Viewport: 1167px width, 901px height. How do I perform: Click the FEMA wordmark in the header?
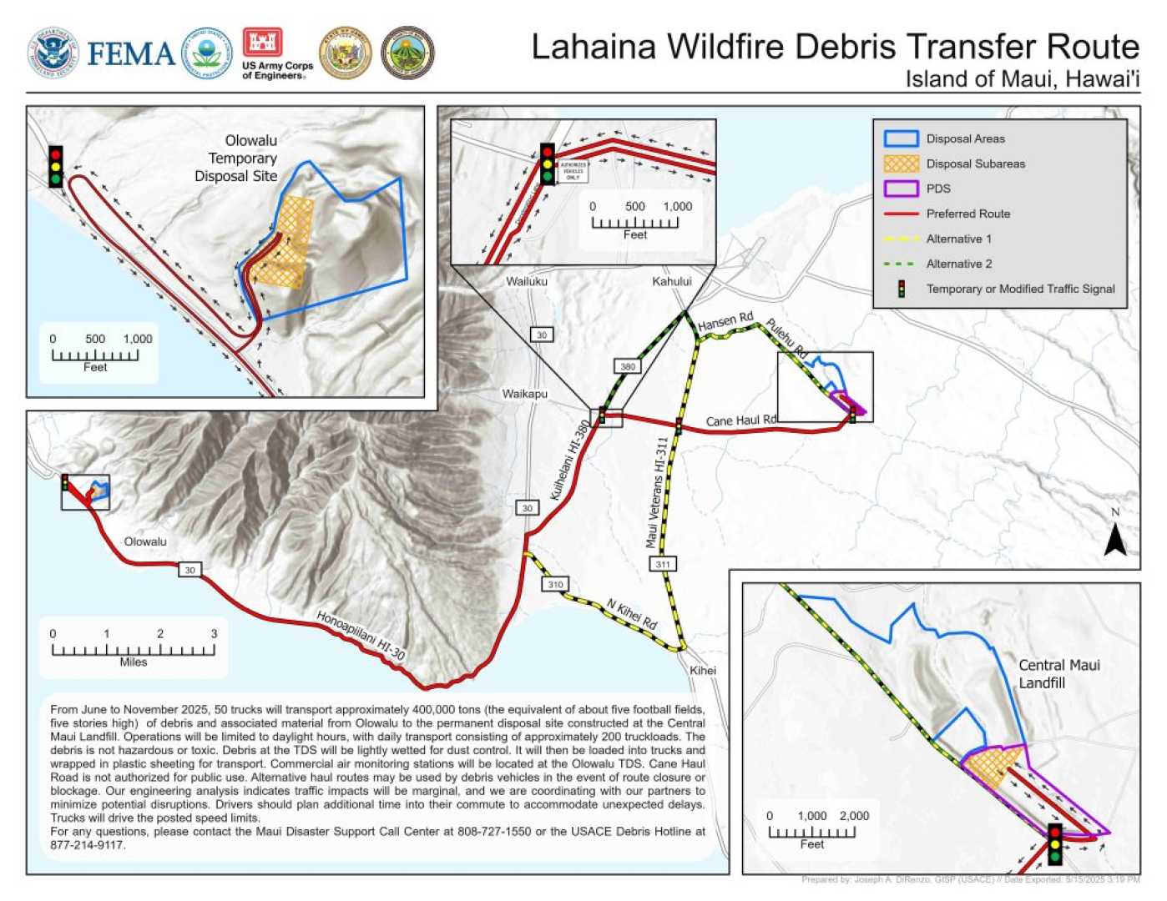coord(130,53)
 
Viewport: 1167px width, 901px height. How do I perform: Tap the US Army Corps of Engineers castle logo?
coord(262,42)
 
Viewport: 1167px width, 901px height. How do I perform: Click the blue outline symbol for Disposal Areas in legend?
coord(901,138)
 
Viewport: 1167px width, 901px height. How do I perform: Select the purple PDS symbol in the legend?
coord(901,189)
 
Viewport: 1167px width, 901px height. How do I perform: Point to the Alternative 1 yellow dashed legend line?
coord(901,239)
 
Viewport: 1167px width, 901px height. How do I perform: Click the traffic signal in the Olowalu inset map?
coord(56,166)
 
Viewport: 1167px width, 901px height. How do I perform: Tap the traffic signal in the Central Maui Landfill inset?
coord(1055,844)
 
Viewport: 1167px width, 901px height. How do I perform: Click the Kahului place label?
coord(671,281)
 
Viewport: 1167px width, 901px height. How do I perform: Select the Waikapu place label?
coord(524,394)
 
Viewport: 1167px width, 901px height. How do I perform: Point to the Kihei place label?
coord(702,671)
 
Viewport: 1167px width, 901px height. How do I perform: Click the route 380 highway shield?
coord(628,366)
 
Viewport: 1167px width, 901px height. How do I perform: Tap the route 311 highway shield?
coord(662,565)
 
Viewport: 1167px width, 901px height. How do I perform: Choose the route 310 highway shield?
coord(556,584)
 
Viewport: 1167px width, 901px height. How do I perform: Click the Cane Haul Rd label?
coord(740,420)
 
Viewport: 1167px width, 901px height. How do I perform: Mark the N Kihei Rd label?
coord(631,614)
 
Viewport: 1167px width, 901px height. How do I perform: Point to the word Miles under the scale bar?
coord(133,662)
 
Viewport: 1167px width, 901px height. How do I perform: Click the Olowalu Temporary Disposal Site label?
coord(236,159)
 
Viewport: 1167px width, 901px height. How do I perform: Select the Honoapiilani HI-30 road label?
coord(360,636)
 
